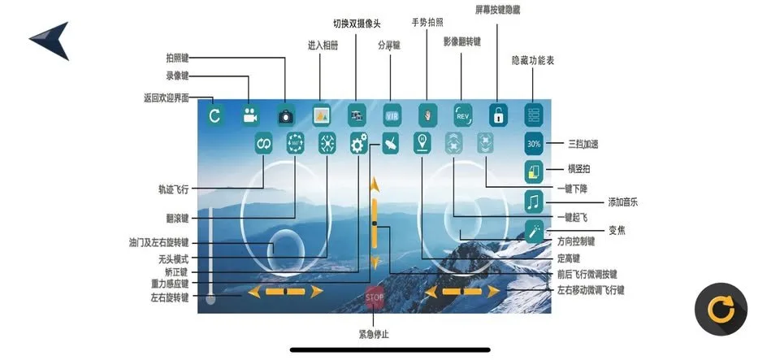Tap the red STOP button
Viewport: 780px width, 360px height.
pos(374,297)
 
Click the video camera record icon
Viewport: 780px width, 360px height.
pos(249,115)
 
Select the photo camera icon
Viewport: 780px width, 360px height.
pos(285,115)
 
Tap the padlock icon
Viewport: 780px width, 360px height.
pos(497,115)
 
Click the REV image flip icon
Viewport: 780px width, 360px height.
pos(462,115)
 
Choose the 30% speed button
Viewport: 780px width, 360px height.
pos(534,144)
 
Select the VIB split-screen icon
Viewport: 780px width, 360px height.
pos(392,115)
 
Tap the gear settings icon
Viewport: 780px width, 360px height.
pos(358,144)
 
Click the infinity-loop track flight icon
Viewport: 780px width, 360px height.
pos(263,144)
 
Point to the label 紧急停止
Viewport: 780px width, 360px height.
pos(374,333)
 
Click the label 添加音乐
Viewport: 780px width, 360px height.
pos(624,202)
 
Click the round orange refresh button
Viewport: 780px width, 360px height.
pos(720,309)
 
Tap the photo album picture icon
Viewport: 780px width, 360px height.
pos(322,115)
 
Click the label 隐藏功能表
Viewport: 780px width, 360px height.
pos(534,60)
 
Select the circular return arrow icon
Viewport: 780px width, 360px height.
pos(214,115)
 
